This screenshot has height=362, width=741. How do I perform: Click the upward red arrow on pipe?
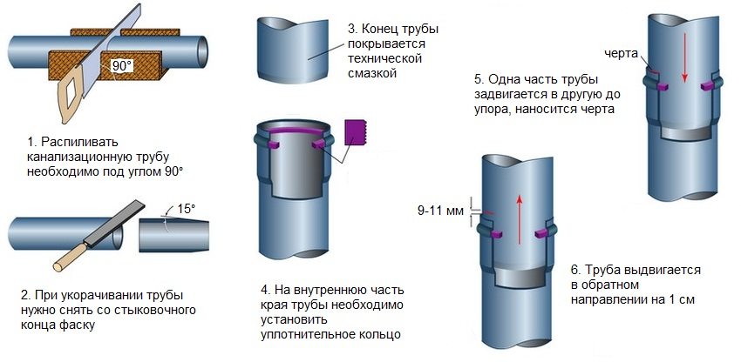pyautogui.click(x=518, y=214)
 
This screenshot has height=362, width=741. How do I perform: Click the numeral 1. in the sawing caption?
pyautogui.click(x=33, y=141)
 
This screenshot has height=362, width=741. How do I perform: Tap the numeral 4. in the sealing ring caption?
pyautogui.click(x=265, y=288)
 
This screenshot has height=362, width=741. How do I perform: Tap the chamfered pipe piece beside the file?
pyautogui.click(x=173, y=234)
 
